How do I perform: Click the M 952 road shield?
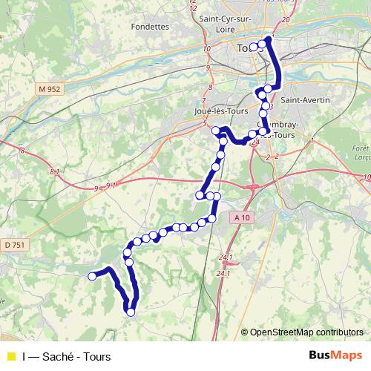(x=48, y=89)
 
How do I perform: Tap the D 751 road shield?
(x=13, y=244)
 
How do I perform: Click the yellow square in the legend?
(x=10, y=357)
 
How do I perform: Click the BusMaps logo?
(x=335, y=356)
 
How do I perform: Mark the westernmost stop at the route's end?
(x=93, y=276)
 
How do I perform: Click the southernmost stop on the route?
(x=131, y=312)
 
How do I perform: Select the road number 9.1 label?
(x=111, y=185)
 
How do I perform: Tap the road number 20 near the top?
(x=286, y=19)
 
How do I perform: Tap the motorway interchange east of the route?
(x=255, y=187)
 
